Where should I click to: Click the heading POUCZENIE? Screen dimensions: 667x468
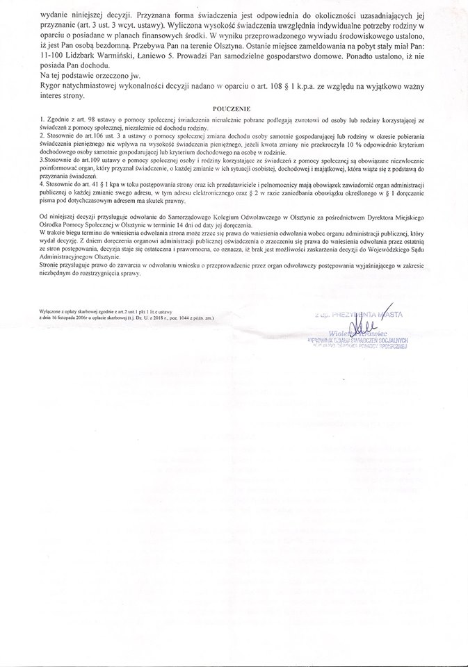coord(234,109)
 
